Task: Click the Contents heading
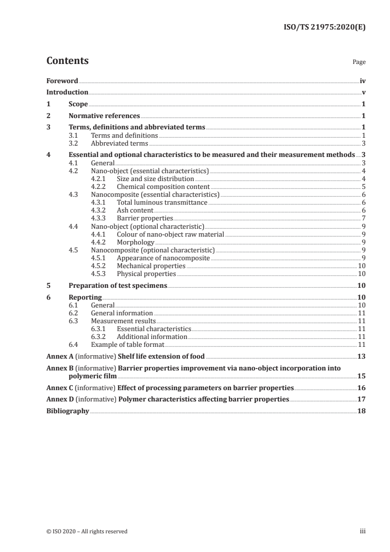[x=67, y=61]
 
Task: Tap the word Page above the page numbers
[x=359, y=62]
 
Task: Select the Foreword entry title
[x=62, y=81]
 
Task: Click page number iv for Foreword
[x=362, y=81]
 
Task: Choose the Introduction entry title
[x=67, y=92]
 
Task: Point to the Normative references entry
[x=104, y=116]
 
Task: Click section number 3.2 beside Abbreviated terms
[x=73, y=144]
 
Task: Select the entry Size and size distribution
[x=155, y=179]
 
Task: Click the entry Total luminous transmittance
[x=162, y=202]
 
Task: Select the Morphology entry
[x=135, y=242]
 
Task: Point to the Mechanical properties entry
[x=151, y=266]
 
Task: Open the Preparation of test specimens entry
[x=118, y=285]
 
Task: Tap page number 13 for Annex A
[x=361, y=356]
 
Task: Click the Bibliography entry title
[x=67, y=411]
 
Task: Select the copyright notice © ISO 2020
[x=87, y=531]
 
